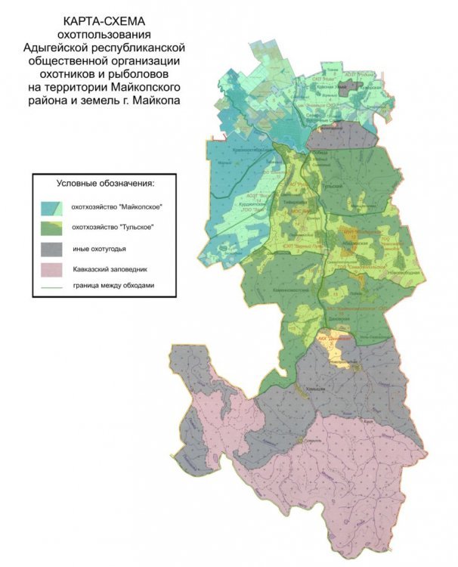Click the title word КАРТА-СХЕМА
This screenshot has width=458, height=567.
click(x=109, y=21)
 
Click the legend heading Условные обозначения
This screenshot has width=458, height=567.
click(x=105, y=184)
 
